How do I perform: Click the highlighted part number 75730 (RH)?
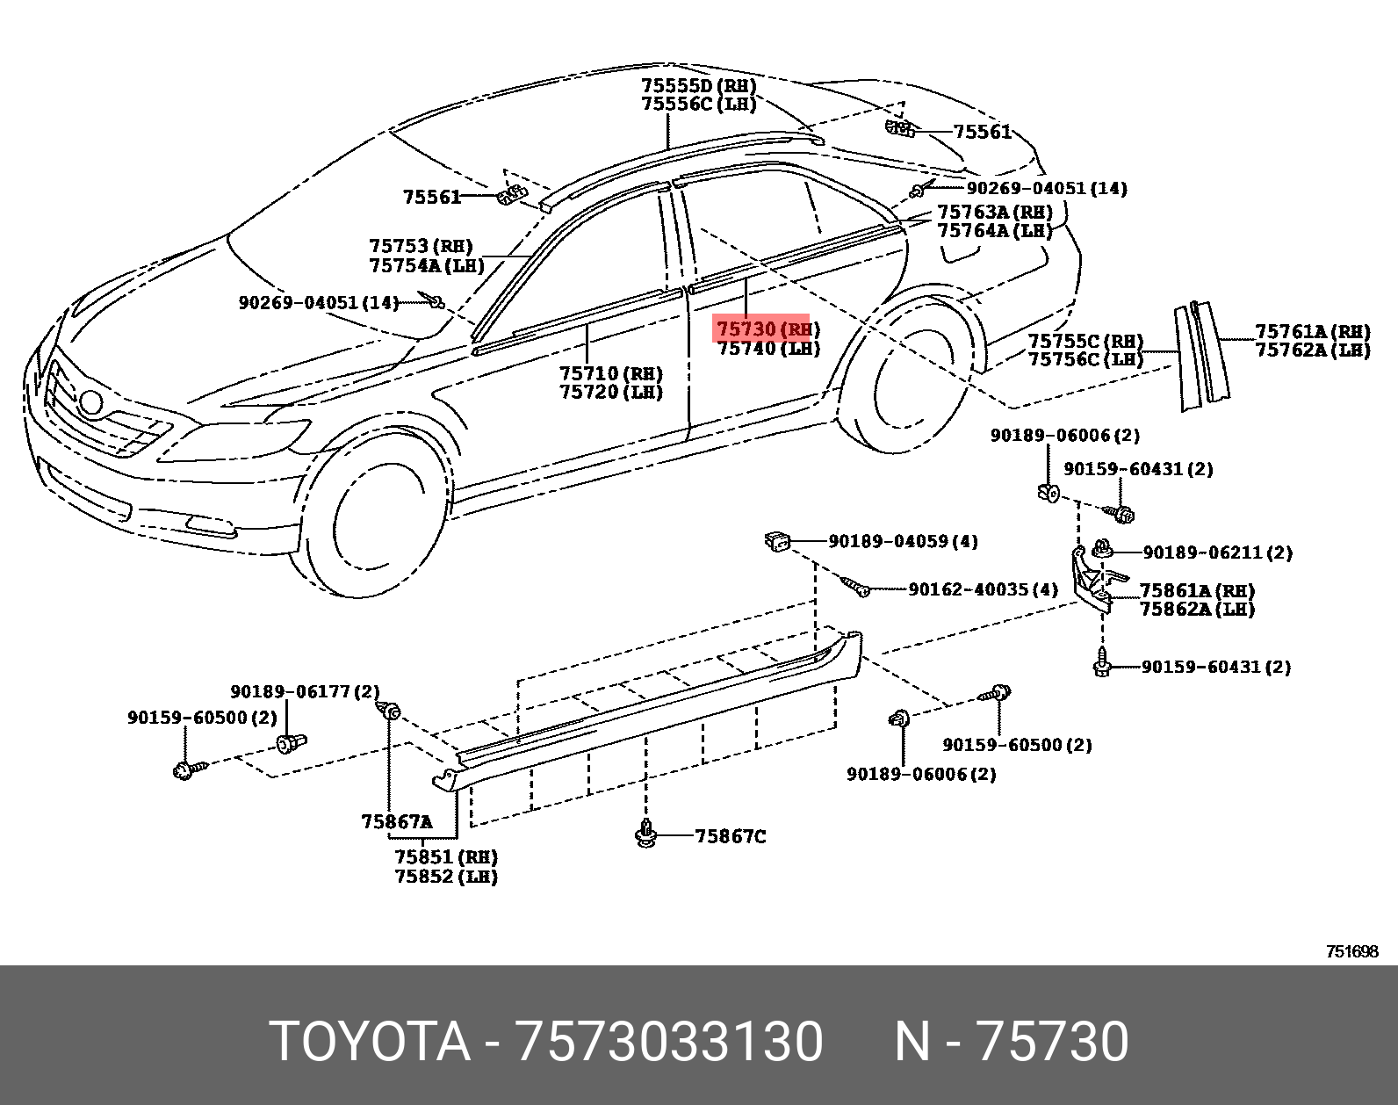[767, 329]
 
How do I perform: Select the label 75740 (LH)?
[768, 349]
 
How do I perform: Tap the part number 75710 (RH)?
[611, 374]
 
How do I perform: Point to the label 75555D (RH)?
[698, 86]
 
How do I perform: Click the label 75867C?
[730, 836]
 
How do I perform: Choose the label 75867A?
[396, 822]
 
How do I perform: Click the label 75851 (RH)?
[446, 856]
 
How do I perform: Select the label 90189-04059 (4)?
[903, 541]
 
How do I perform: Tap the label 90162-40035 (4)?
[983, 589]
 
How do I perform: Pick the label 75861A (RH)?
[1197, 590]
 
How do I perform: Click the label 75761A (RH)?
[1312, 331]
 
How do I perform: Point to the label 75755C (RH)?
[1085, 341]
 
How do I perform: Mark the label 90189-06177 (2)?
[305, 692]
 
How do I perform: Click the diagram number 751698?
[1351, 951]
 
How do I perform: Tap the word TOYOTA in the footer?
[370, 1042]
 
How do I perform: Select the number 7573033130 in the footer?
[669, 1042]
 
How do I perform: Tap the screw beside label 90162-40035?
[855, 587]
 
